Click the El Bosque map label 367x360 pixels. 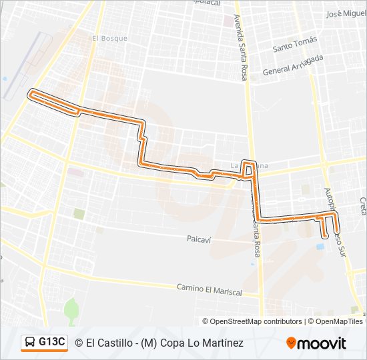pos(109,39)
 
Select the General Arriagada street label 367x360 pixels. pos(293,66)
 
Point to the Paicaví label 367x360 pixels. pos(199,238)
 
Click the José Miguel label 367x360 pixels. pos(346,14)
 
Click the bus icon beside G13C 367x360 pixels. pos(31,343)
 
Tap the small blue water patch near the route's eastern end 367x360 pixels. pos(321,247)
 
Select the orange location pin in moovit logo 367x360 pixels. pos(291,343)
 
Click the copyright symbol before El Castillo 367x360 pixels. pos(79,343)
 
